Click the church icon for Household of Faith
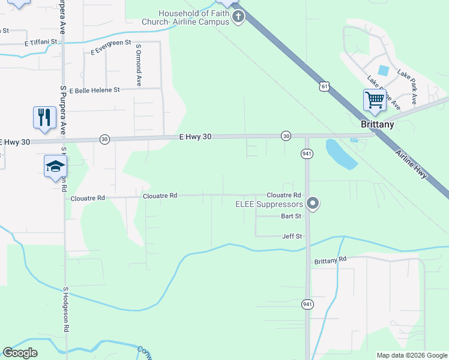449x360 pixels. (x=238, y=16)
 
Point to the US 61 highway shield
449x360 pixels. (x=325, y=86)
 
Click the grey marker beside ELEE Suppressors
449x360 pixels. (x=312, y=204)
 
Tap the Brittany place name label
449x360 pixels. (x=378, y=124)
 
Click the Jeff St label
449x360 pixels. (x=292, y=236)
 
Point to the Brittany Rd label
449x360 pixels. (x=330, y=260)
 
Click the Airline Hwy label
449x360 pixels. (x=411, y=163)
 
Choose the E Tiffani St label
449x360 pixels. (x=41, y=43)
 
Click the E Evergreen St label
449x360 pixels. (x=111, y=47)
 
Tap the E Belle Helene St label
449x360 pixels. (x=95, y=90)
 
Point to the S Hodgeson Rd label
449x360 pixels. (x=66, y=310)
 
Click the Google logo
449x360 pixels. (x=20, y=353)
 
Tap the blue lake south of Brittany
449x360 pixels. (x=340, y=153)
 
